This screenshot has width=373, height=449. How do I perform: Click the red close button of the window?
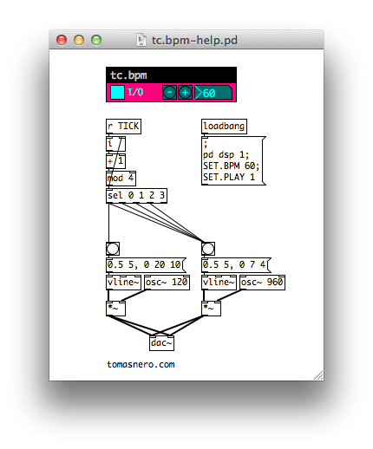click(62, 40)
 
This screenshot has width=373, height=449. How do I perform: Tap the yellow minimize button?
click(79, 40)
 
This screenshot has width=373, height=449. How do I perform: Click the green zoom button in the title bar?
click(96, 40)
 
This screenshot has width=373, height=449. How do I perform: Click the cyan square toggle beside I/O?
click(117, 93)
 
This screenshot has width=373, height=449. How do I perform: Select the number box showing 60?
click(213, 93)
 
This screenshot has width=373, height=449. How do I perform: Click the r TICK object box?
click(123, 127)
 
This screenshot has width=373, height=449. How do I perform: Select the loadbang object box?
click(224, 127)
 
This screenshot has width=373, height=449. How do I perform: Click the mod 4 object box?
click(121, 179)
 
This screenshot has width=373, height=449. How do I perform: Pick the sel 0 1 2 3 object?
click(136, 196)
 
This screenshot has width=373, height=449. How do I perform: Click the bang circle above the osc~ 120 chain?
click(113, 249)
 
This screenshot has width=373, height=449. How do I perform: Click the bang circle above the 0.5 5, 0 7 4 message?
click(208, 249)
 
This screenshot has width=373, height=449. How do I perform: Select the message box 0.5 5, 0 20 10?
click(146, 265)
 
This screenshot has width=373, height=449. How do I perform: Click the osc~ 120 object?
click(167, 283)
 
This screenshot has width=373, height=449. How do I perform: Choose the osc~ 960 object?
click(262, 283)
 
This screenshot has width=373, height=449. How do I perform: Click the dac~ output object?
click(161, 343)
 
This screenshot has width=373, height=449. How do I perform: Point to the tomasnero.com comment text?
click(141, 364)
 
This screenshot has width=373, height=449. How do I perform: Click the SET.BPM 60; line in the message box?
click(231, 166)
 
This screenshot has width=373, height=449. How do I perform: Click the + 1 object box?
click(115, 161)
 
